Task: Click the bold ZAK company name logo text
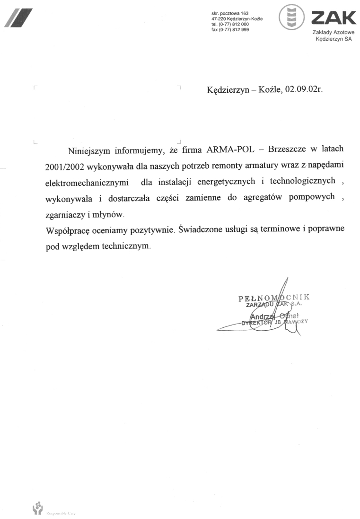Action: (333, 18)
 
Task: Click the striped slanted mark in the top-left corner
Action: (18, 18)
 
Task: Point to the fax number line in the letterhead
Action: (230, 30)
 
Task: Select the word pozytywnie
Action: (145, 231)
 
